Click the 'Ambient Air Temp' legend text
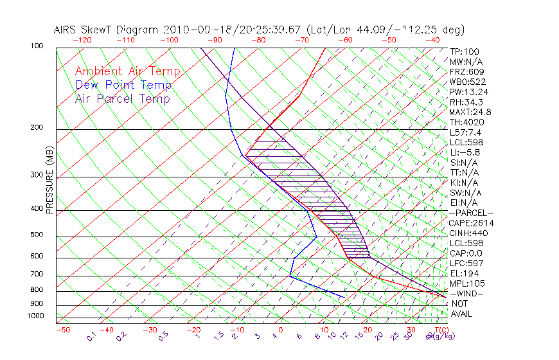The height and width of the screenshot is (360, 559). pyautogui.click(x=127, y=71)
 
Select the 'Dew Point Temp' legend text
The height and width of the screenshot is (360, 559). pyautogui.click(x=123, y=85)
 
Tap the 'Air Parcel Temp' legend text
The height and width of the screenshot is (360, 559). pyautogui.click(x=122, y=98)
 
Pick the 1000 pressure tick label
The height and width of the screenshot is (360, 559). pyautogui.click(x=36, y=316)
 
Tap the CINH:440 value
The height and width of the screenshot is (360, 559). pyautogui.click(x=468, y=233)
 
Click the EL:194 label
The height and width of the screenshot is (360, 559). pyautogui.click(x=464, y=273)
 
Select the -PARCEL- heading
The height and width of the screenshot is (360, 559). pyautogui.click(x=471, y=213)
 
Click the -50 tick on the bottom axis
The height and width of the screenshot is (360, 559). pyautogui.click(x=62, y=330)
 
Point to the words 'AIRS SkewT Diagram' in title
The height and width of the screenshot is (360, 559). pyautogui.click(x=107, y=30)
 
